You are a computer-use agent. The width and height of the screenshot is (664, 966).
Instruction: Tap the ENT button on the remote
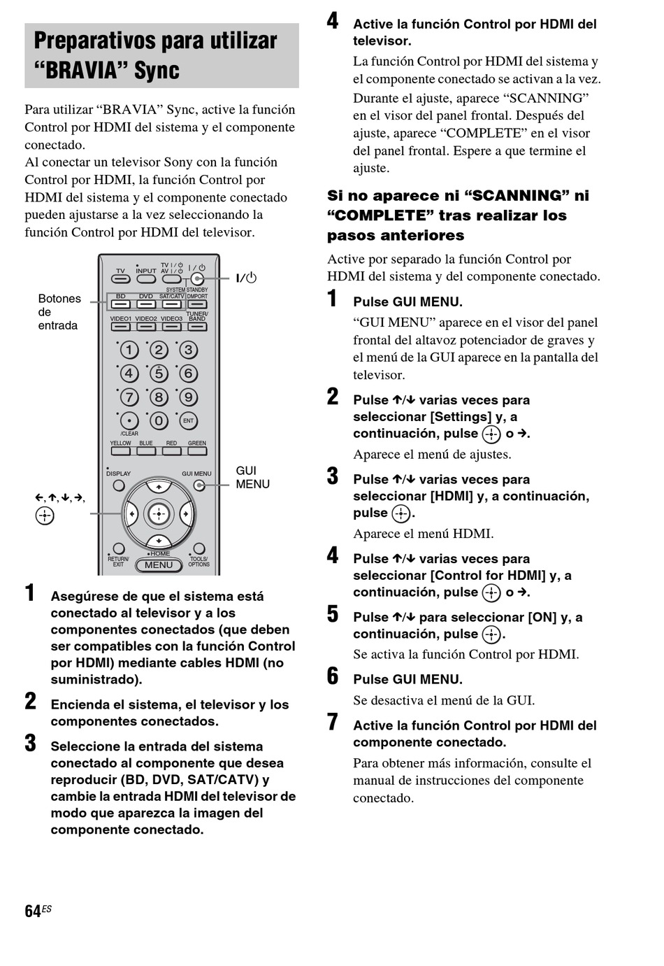(x=188, y=421)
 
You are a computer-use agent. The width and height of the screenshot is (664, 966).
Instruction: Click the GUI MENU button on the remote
(x=199, y=485)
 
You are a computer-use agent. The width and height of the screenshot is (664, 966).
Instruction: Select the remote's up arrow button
(x=159, y=486)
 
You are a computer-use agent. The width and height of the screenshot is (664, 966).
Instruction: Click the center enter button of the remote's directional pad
(x=159, y=514)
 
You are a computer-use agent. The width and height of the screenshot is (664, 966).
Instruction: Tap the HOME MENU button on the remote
(x=159, y=564)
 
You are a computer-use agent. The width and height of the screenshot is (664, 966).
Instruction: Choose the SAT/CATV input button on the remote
(x=171, y=304)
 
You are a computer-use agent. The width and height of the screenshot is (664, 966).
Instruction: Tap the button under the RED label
(x=171, y=451)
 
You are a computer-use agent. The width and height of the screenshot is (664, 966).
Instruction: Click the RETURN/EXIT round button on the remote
(x=119, y=549)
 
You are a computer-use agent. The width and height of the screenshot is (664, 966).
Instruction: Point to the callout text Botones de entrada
(x=59, y=312)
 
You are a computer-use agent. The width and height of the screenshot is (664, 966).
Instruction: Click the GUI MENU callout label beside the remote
(x=252, y=477)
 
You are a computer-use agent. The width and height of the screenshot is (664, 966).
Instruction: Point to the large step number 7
(x=333, y=723)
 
